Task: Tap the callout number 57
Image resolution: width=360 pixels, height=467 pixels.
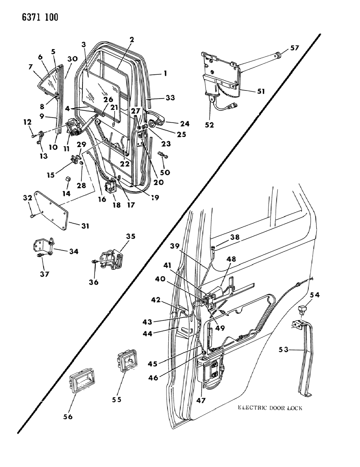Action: tap(295, 48)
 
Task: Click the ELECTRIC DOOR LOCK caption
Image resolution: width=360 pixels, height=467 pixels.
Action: tap(270, 408)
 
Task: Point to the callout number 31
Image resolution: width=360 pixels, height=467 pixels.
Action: tap(85, 226)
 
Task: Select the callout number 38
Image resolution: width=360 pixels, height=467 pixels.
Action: tap(235, 237)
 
